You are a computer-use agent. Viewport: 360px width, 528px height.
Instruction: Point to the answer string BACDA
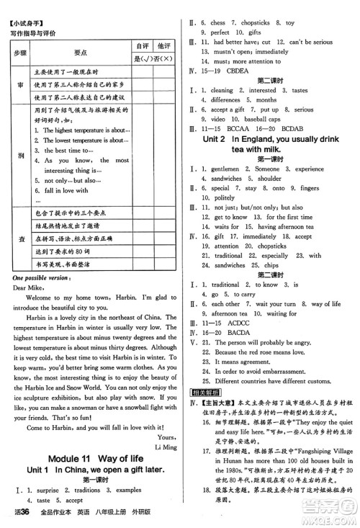pyautogui.click(x=235, y=334)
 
